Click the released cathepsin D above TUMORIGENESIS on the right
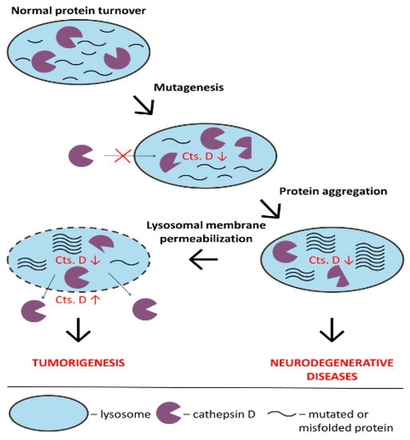click(141, 310)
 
